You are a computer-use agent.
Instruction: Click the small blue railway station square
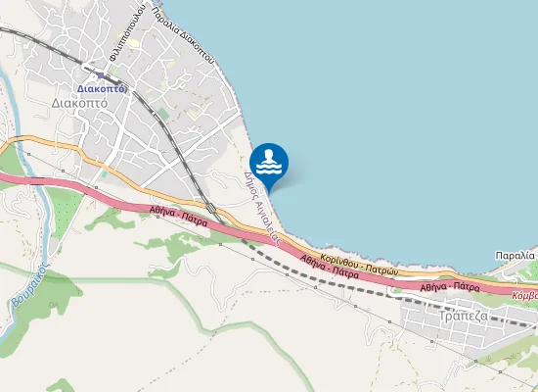tap(101, 73)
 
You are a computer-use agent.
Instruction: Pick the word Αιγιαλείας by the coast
tap(266, 220)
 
